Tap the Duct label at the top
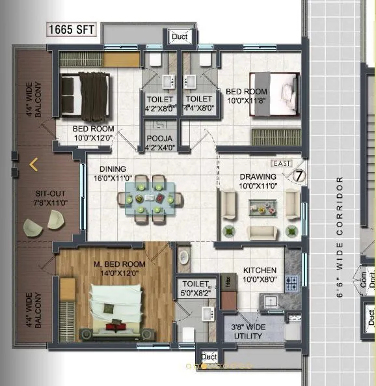(x=180, y=37)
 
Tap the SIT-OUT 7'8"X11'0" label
(x=49, y=199)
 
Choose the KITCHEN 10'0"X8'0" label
(x=260, y=275)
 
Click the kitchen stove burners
(x=291, y=284)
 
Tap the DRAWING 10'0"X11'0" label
(x=258, y=181)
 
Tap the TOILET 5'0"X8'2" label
(x=195, y=288)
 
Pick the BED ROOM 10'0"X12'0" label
(x=93, y=133)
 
